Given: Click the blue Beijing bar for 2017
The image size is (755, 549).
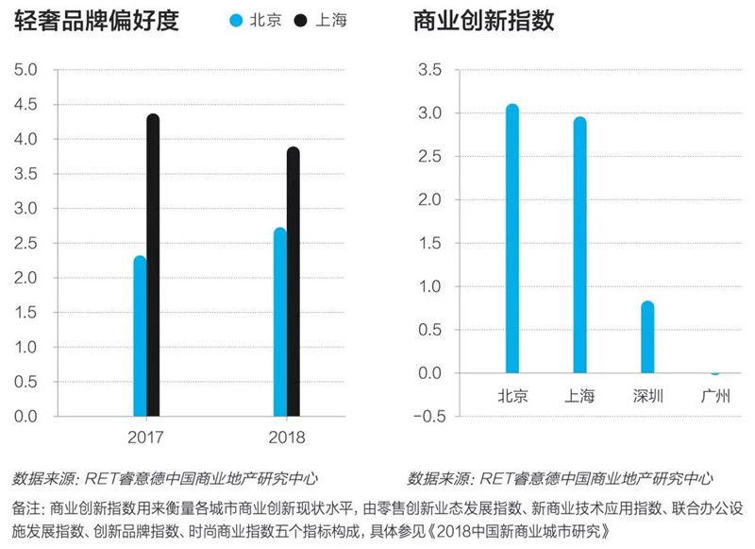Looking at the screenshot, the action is (140, 336).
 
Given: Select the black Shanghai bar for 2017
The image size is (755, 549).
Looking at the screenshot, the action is (153, 266).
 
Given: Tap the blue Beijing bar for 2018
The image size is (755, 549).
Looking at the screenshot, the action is (280, 322).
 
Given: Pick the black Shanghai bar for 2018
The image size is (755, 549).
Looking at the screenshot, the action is (294, 282).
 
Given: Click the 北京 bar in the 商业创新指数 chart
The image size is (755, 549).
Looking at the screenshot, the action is (512, 238).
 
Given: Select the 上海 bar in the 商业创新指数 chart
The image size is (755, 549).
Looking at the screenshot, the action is (579, 245).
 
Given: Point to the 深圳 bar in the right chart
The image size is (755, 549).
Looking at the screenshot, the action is (647, 337).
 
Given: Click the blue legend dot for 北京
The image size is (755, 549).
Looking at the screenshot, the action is (236, 20).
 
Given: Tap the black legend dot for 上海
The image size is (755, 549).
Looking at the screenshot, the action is (300, 20).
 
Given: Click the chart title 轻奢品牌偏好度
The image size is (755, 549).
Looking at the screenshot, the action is (96, 21).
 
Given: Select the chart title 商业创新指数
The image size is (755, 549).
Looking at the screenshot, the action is (483, 21).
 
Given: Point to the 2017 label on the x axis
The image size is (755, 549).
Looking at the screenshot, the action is (145, 437).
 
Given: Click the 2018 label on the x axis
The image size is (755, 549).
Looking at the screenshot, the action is (287, 437).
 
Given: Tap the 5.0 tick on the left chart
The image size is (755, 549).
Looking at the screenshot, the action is (25, 70).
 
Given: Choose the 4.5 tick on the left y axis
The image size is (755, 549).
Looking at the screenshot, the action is (25, 105).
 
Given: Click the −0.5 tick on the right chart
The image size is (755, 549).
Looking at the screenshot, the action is (429, 417).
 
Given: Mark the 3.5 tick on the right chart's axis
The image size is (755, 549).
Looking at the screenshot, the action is (429, 70).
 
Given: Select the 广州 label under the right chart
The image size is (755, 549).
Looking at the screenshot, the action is (715, 396).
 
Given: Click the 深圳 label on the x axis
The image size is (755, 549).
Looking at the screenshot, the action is (647, 396).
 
